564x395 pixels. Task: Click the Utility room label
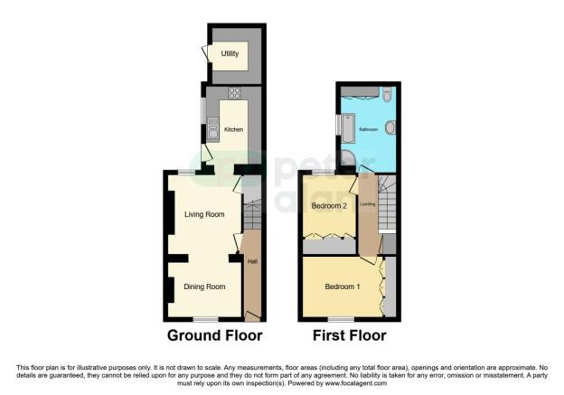[x=230, y=54]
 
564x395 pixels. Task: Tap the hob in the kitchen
[x=234, y=93]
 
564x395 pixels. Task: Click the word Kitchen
[x=233, y=130]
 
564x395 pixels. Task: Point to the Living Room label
[x=204, y=214]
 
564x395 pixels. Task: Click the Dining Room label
[x=204, y=287]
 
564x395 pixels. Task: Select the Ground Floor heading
[x=214, y=335]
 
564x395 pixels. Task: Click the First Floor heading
[x=349, y=335]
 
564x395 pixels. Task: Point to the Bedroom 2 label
[x=329, y=206]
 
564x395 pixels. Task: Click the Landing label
[x=368, y=204]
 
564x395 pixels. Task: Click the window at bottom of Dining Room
[x=206, y=319]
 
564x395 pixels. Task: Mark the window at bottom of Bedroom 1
[x=341, y=319]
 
